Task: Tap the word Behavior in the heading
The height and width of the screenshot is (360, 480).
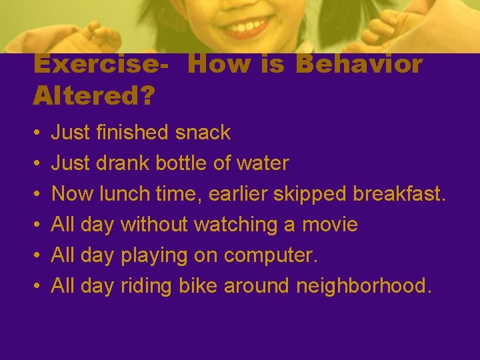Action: point(359,65)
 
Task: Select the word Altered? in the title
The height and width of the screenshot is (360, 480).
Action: point(93,96)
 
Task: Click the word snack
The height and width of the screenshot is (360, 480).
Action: point(203,133)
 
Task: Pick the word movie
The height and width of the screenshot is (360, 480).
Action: point(330,225)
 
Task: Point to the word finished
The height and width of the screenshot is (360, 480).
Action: point(133,133)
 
